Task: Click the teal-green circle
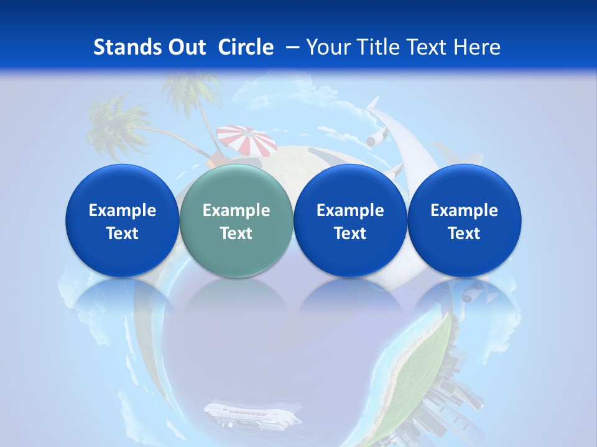point(236,220)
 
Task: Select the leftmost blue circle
point(122,220)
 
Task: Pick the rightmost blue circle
point(464,220)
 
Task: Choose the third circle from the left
point(350,220)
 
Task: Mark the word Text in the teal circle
point(236,233)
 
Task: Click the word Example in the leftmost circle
point(122,210)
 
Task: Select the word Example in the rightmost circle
point(464,210)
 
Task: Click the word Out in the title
point(186,47)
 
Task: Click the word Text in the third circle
point(350,233)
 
